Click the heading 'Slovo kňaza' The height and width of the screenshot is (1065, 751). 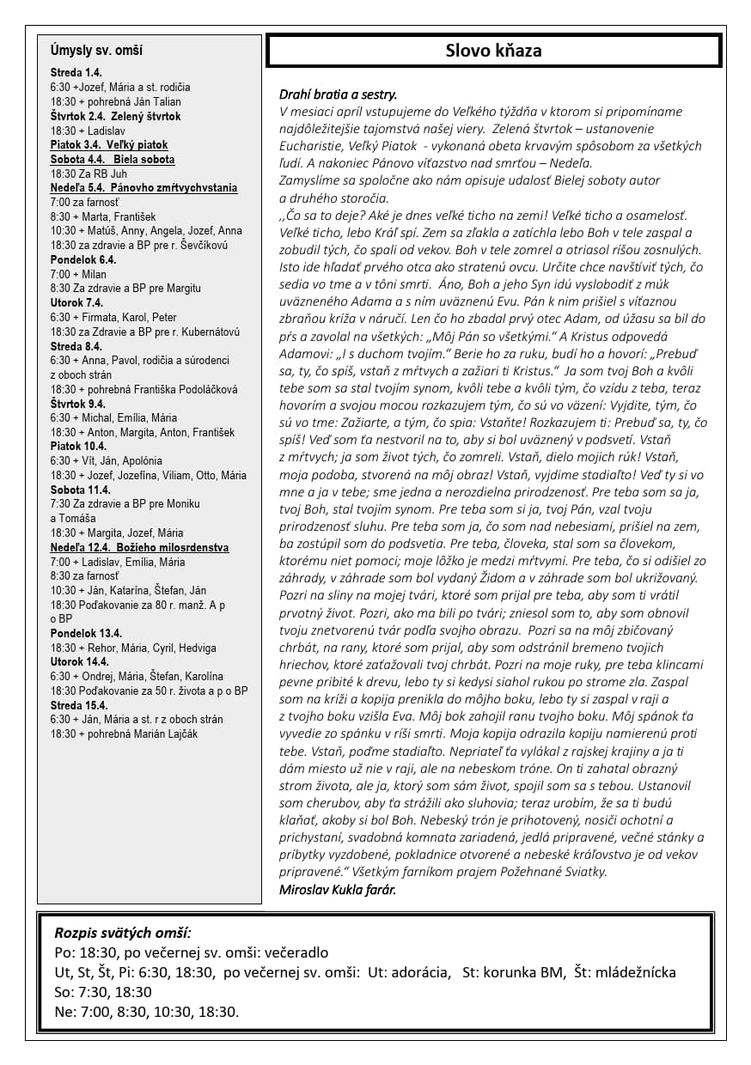493,51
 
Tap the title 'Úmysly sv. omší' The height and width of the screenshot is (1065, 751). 96,51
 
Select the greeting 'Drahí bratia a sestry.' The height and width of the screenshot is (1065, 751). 338,94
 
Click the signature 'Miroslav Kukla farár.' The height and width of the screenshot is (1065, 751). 338,890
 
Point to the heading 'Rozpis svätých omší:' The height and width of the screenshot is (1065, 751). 123,933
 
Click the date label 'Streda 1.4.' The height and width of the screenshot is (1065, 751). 76,73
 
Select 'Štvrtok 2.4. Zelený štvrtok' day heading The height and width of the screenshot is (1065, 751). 115,116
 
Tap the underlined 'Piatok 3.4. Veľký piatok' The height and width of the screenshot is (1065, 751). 108,145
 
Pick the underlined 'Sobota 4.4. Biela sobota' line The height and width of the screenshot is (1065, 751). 112,159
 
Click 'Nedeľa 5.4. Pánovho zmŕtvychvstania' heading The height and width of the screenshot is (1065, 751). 143,188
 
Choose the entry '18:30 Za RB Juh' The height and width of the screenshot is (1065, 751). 89,173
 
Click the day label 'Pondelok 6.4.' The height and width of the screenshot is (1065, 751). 83,259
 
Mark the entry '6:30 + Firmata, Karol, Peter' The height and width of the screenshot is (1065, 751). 113,317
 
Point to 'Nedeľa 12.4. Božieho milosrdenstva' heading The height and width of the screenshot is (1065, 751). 139,547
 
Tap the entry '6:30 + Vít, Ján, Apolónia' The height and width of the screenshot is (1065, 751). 106,461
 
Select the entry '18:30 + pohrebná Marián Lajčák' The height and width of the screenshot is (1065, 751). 124,734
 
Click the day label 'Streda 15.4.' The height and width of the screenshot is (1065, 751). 78,705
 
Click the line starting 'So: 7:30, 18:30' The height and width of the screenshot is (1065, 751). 102,992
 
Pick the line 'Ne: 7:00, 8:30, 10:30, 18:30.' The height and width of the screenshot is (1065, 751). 146,1012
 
